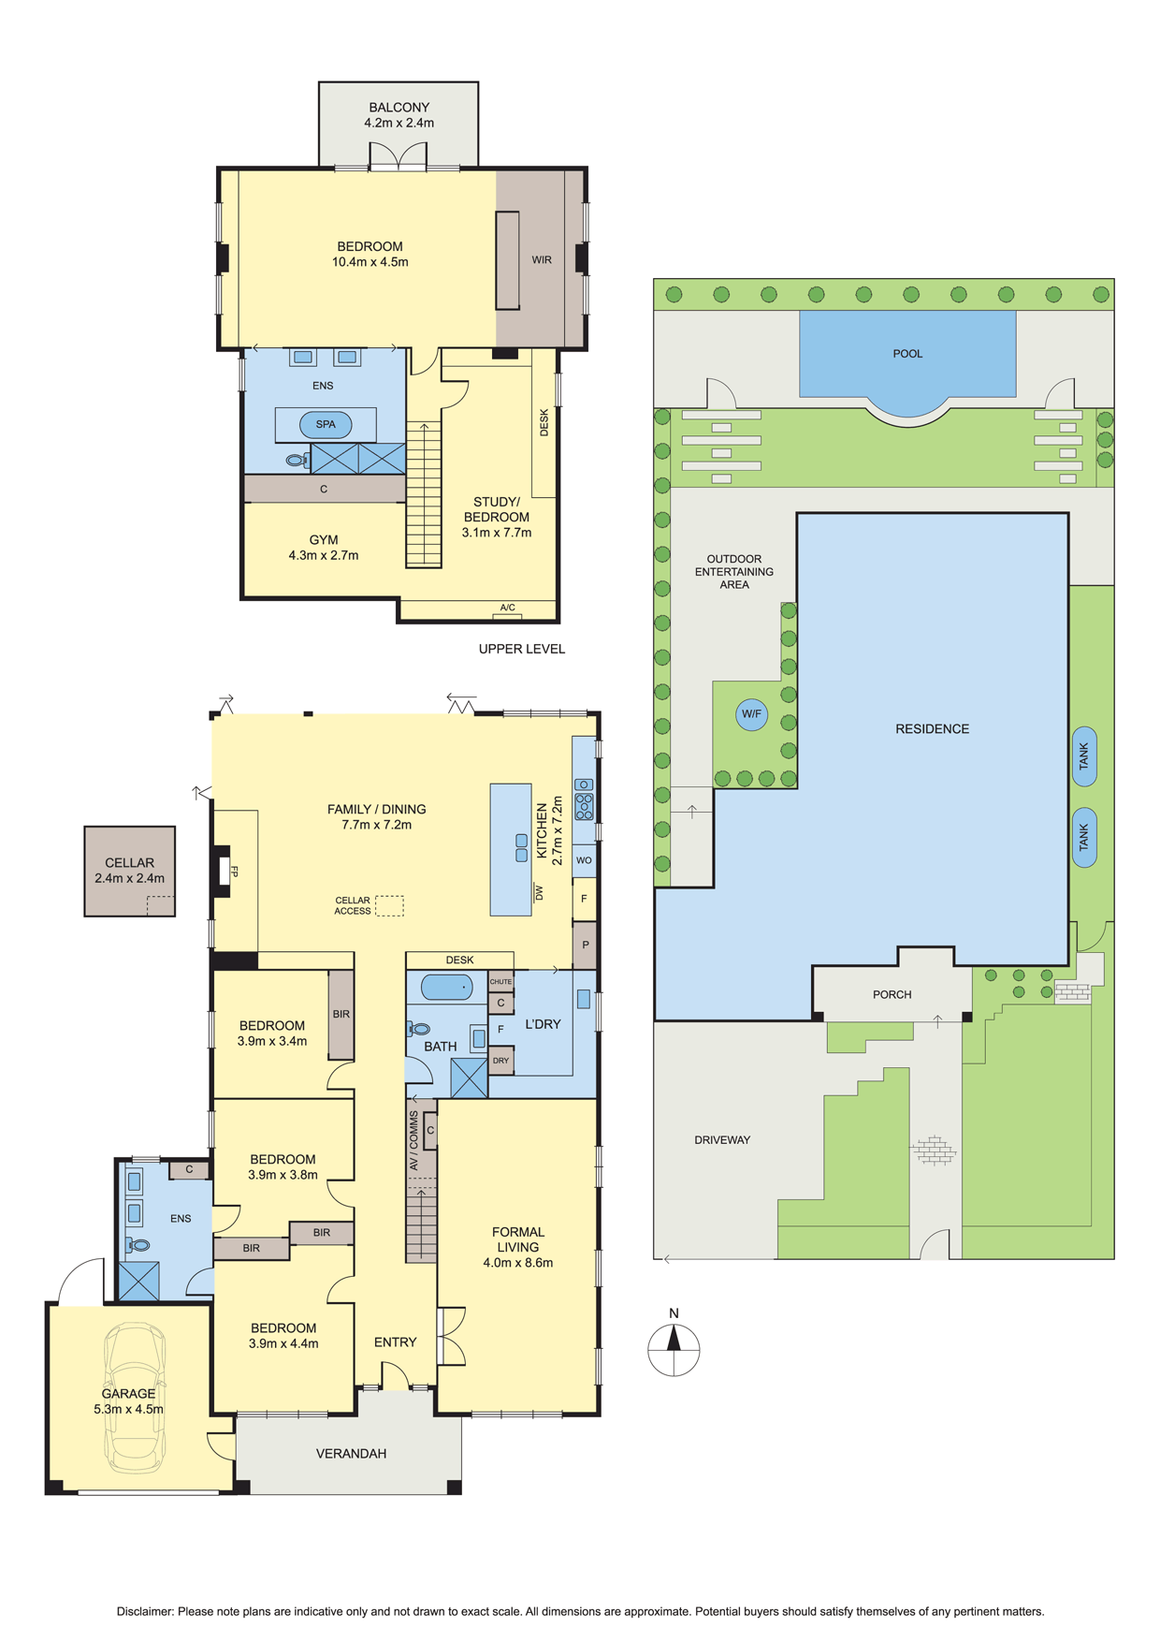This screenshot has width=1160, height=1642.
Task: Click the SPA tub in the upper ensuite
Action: (326, 425)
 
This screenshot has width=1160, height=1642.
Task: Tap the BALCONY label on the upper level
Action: (399, 108)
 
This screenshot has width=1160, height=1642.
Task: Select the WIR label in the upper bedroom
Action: (542, 260)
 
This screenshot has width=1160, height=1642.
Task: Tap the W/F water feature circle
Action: (751, 714)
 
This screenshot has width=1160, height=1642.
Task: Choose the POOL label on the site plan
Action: (907, 354)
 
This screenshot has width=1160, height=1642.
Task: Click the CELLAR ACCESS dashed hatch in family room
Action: (389, 905)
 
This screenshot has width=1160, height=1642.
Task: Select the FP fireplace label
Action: (234, 872)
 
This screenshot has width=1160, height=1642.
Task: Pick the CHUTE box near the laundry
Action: (500, 981)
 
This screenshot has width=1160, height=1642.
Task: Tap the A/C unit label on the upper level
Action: (507, 608)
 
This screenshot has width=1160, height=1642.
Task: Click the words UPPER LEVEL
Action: (522, 649)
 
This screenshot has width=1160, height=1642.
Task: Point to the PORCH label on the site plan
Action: (892, 994)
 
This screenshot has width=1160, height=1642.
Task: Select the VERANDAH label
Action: (351, 1454)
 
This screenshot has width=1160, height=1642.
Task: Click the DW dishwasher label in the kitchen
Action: (539, 893)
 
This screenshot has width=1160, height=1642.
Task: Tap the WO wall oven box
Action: (584, 859)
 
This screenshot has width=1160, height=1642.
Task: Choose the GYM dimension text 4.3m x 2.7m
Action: (324, 555)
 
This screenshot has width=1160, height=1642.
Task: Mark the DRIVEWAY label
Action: (722, 1140)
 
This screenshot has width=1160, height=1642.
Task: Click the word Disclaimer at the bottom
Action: (145, 1611)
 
